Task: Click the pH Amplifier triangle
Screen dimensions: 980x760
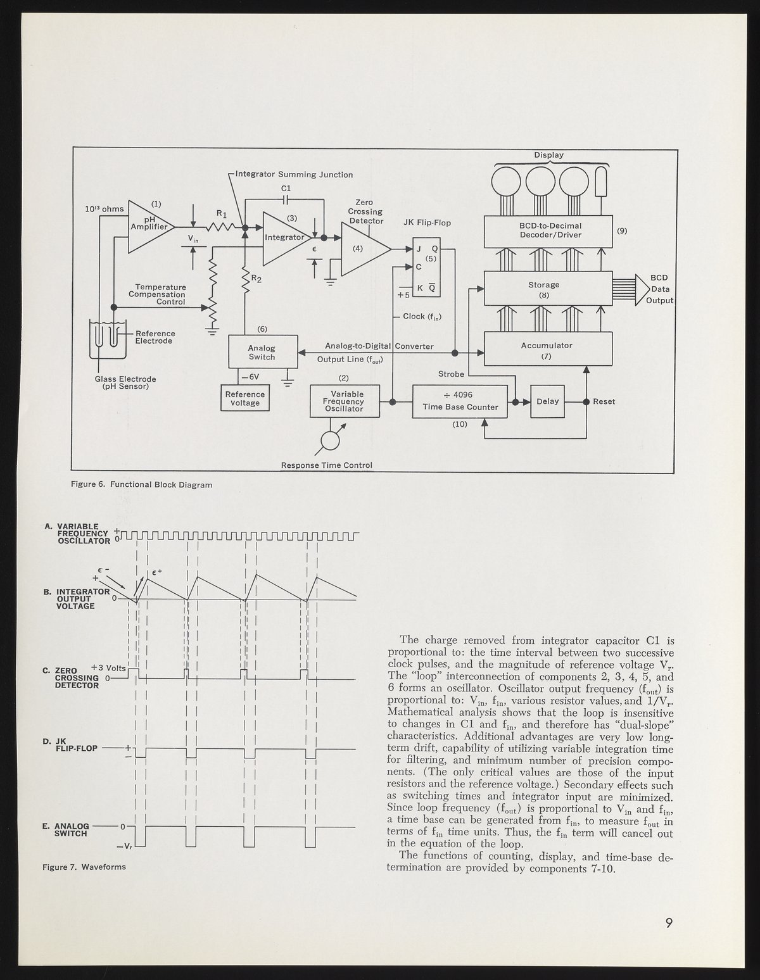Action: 148,226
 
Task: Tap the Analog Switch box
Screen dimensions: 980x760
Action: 262,353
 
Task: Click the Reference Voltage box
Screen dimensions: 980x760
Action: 245,398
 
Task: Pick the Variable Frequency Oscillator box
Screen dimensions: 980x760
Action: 345,401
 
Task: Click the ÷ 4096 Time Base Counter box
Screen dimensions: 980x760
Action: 460,401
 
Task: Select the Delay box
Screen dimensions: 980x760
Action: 547,401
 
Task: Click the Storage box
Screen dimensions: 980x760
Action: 548,289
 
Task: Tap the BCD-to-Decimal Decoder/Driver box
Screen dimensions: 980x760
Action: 548,231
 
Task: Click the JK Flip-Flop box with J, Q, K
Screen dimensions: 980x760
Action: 426,267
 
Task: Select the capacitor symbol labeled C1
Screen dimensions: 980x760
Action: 286,199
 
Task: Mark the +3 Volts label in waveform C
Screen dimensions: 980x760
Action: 109,668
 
